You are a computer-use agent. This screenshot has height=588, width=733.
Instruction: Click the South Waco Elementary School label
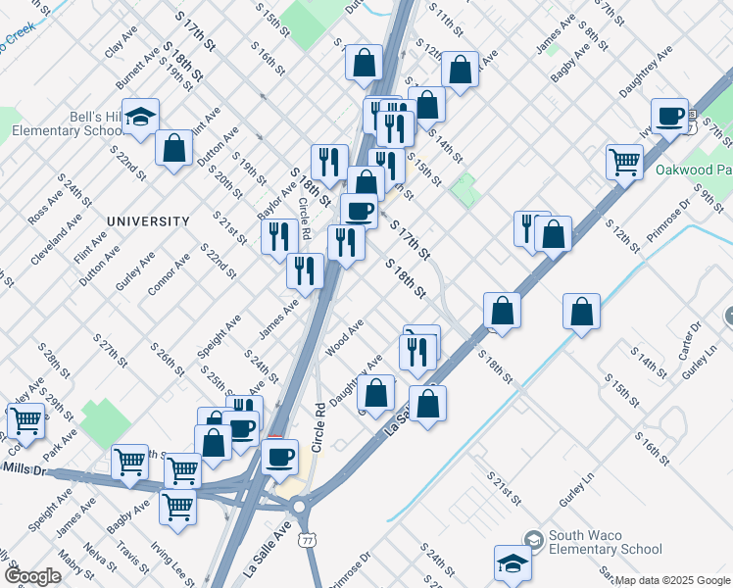605,542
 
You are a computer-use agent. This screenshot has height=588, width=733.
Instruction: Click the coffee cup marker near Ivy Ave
670,118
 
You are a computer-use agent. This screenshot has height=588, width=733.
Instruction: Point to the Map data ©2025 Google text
672,580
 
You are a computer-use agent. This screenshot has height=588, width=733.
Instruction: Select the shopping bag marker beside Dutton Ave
173,149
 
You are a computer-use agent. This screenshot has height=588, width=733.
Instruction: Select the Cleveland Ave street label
52,249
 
